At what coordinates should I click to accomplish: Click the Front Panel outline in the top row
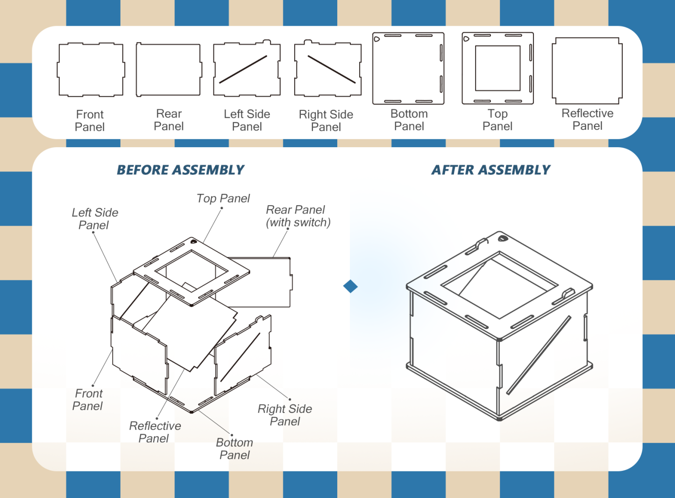(91, 70)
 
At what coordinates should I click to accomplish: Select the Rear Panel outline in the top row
(169, 70)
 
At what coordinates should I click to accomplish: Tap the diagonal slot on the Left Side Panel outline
(243, 70)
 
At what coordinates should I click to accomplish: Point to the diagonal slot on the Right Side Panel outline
(332, 70)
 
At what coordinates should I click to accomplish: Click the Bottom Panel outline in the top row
(408, 68)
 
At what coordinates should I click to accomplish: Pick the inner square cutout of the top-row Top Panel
(497, 68)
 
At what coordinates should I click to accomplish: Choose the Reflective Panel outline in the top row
(587, 71)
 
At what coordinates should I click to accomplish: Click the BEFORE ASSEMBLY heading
(180, 170)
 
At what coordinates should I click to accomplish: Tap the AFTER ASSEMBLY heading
(490, 170)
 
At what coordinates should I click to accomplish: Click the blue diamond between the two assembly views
(350, 286)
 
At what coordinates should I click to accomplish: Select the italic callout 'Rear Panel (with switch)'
(298, 216)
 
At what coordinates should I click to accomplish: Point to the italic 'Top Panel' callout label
(223, 199)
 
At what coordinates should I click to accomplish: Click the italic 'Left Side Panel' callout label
(95, 219)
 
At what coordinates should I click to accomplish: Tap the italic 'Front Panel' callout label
(88, 400)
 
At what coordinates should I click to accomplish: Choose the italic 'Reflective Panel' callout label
(155, 432)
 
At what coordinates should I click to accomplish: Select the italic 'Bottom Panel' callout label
(234, 449)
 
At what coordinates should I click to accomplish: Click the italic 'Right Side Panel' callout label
(285, 415)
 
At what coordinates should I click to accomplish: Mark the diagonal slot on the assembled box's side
(539, 355)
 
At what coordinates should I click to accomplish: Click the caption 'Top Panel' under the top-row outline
(497, 120)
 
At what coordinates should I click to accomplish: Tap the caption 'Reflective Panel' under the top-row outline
(587, 120)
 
